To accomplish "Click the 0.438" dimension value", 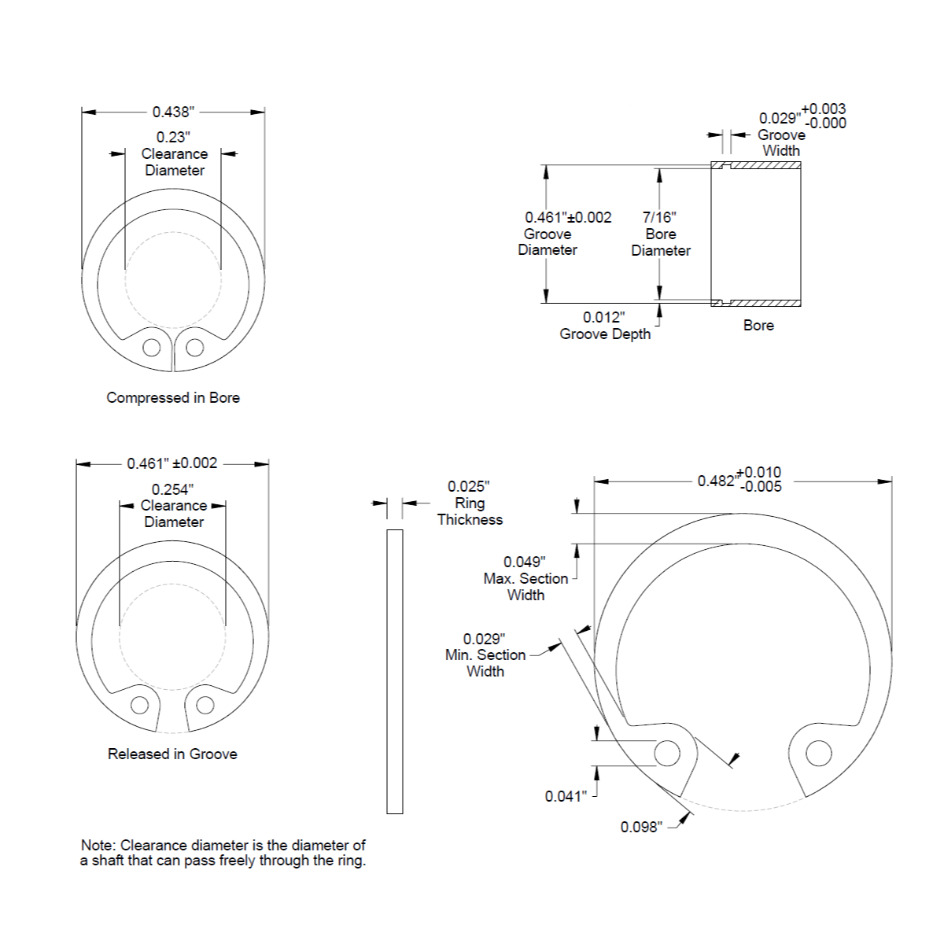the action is pos(173,112).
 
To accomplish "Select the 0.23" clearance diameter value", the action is pos(173,137).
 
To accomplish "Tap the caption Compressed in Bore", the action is pos(173,397).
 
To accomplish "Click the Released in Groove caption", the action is pos(172,754).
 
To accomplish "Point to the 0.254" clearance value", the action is pos(172,489).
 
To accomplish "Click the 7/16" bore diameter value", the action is pos(659,217).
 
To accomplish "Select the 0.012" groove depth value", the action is pos(603,318).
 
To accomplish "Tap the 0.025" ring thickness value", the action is pos(468,486).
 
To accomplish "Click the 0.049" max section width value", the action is pos(524,562).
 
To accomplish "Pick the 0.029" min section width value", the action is pos(484,639).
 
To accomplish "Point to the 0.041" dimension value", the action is pos(566,796).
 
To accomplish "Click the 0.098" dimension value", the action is pos(641,827).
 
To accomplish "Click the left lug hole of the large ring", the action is pos(667,754).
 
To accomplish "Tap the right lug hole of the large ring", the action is pos(819,754).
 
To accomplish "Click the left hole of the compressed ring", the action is pos(151,348).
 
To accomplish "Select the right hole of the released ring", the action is pos(205,706).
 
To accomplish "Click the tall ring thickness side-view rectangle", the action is pos(395,672).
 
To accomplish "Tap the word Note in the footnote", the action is pos(99,845).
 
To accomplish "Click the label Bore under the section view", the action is pos(758,325).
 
